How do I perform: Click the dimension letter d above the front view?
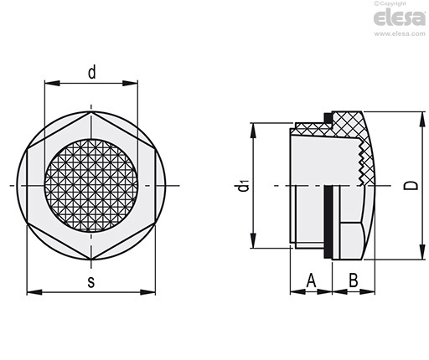(x=92, y=72)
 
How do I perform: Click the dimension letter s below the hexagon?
(x=91, y=282)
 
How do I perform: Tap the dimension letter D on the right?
(x=411, y=185)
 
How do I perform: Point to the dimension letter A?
(x=311, y=280)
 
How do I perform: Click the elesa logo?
(x=400, y=18)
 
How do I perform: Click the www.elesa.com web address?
(x=400, y=33)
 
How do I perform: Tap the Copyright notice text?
(x=390, y=3)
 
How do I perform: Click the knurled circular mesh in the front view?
(x=91, y=186)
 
